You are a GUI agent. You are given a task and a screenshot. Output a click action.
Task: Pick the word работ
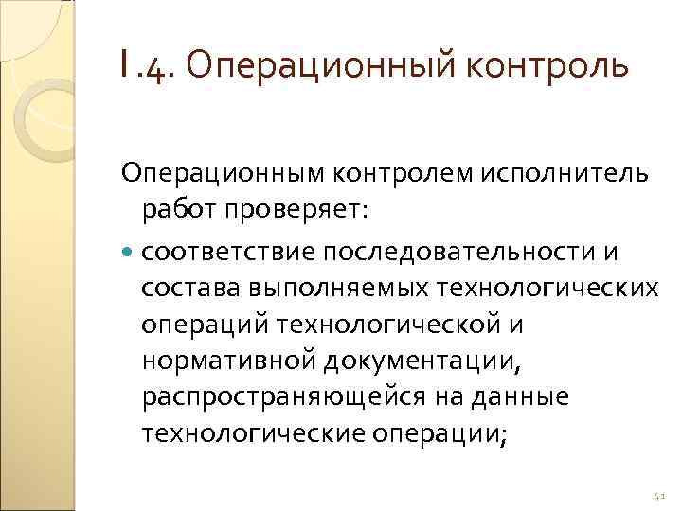click(176, 210)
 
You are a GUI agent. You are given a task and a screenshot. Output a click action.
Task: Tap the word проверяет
click(289, 210)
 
